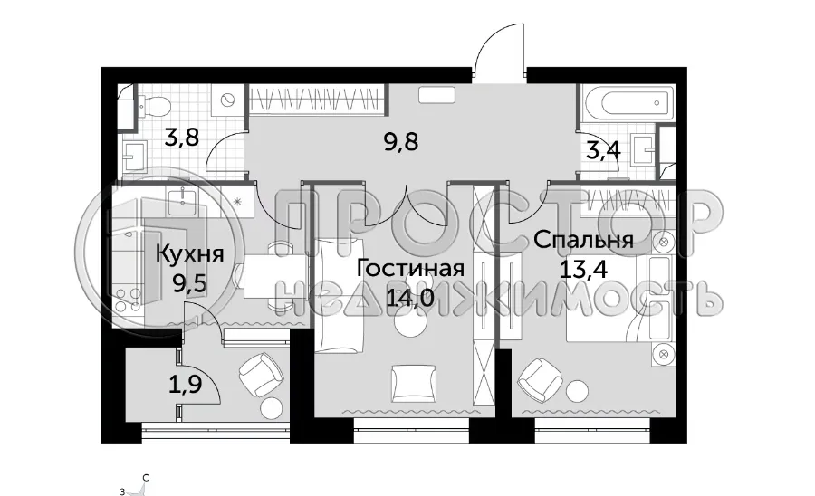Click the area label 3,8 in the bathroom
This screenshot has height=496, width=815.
[181, 138]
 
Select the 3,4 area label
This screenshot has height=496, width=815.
[602, 149]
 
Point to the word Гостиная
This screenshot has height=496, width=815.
[410, 269]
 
